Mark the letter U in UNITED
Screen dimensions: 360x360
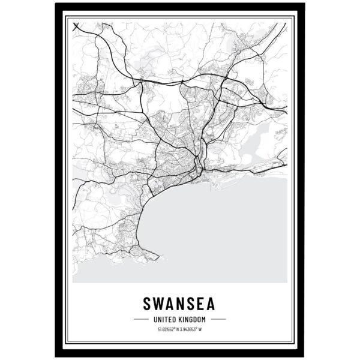tap(155, 319)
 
